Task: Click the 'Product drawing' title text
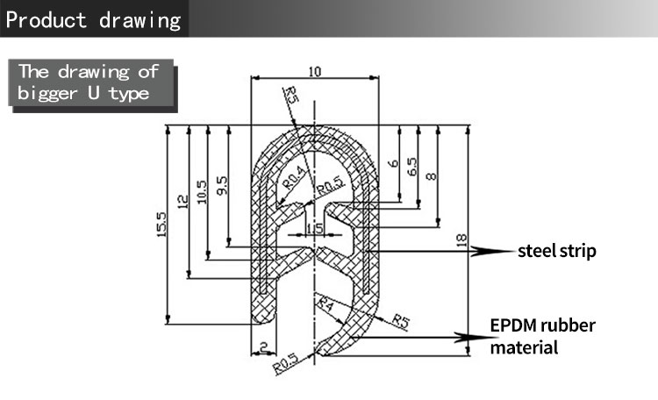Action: [94, 19]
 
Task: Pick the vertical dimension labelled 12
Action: [183, 202]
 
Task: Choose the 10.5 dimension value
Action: [203, 191]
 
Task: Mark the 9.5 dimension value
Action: [222, 184]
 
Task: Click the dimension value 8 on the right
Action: [431, 176]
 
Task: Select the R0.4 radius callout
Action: [296, 175]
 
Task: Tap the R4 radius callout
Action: [325, 304]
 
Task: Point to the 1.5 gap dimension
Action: [313, 229]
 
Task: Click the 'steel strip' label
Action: [556, 252]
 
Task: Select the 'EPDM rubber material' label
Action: [542, 337]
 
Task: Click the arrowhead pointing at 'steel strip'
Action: [485, 252]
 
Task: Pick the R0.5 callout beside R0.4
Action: [329, 186]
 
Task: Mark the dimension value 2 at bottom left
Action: [263, 349]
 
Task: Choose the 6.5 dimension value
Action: [412, 168]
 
